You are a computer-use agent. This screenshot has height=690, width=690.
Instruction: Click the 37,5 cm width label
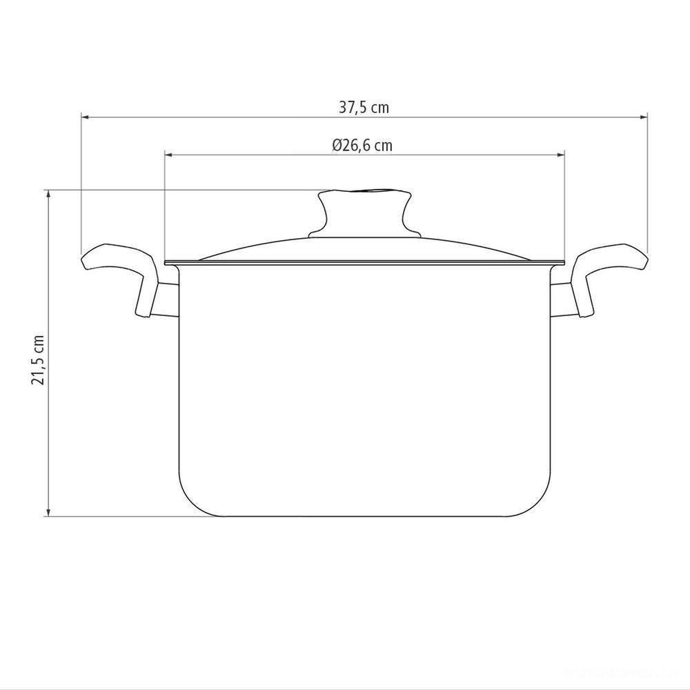[364, 107]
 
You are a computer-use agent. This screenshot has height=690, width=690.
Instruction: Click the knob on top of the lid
[365, 210]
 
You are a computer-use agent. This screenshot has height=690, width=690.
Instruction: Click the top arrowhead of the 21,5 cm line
[48, 194]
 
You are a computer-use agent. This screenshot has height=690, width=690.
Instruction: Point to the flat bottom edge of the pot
[365, 515]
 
